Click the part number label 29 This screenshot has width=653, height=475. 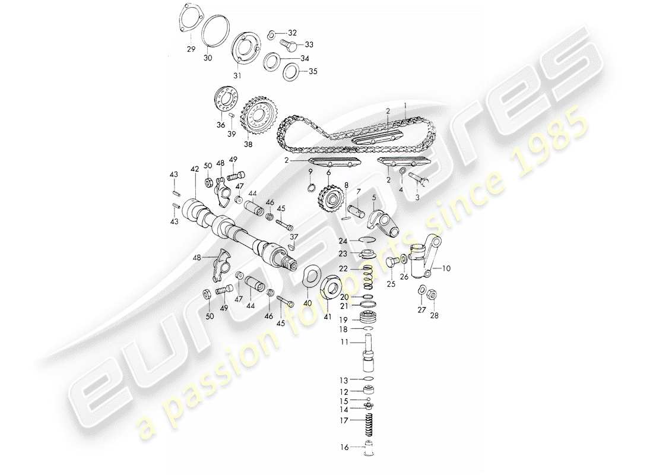(191, 49)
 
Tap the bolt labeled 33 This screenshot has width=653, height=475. (289, 45)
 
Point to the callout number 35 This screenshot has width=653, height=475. (313, 72)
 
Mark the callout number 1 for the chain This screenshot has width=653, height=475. (405, 104)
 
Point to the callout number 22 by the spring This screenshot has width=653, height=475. (344, 269)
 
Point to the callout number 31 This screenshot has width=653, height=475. (237, 75)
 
